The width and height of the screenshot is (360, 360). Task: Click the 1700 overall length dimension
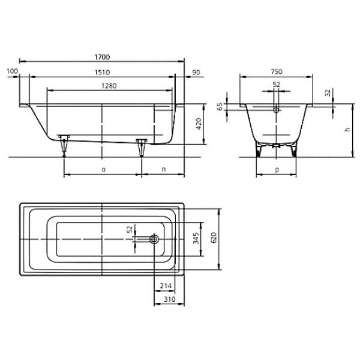pos(102,57)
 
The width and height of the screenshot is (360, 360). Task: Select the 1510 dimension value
pos(102,73)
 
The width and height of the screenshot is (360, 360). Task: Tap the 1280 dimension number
pos(109,86)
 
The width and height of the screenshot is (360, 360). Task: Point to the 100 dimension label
pos(12,71)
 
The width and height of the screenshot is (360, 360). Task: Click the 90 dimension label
pos(196,73)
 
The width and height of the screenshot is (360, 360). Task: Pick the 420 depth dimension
pos(199,124)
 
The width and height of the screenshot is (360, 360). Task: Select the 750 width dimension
pos(277,72)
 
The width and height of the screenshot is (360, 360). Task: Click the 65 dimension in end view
pos(220,107)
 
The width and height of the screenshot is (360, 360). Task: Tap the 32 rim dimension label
pos(328,92)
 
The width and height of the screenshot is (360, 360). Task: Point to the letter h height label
pos(347,129)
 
